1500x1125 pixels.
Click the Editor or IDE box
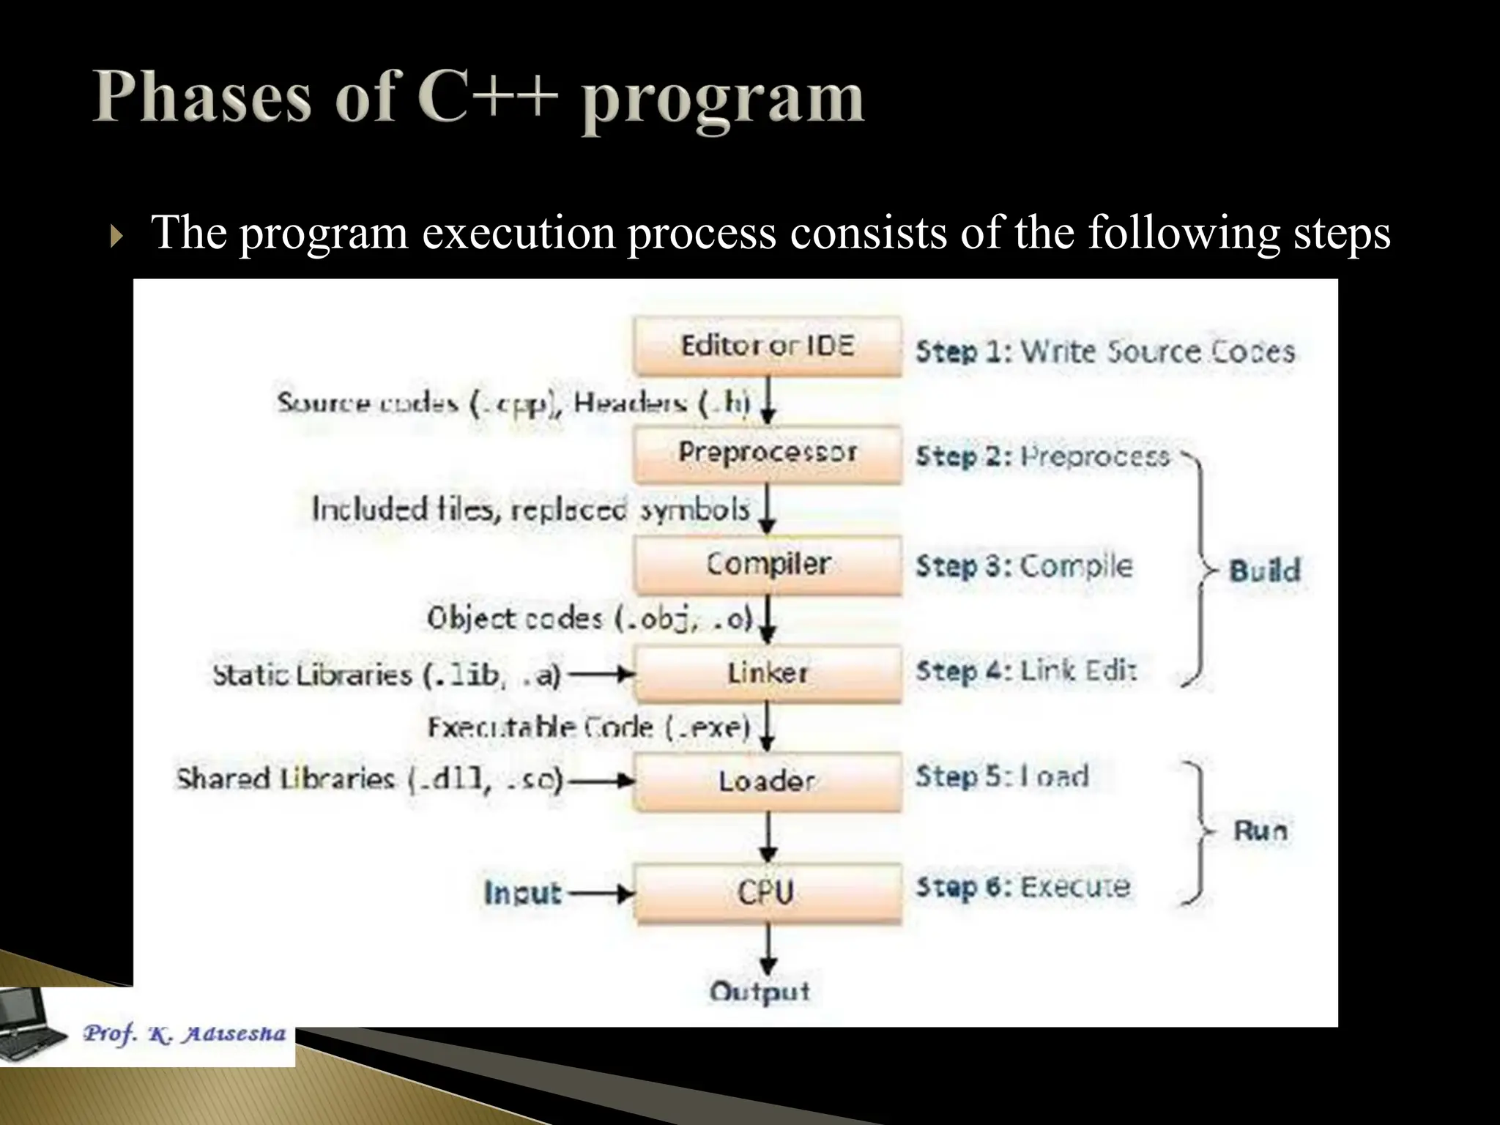[x=767, y=346]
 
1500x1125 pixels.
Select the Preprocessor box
[x=767, y=453]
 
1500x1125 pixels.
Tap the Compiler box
[x=767, y=564]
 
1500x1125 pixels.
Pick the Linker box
[x=767, y=673]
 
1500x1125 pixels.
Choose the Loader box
[x=767, y=781]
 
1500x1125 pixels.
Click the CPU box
[x=767, y=892]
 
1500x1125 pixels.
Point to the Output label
[x=760, y=992]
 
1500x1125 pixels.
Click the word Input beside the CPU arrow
[x=522, y=893]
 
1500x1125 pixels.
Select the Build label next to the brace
[x=1264, y=571]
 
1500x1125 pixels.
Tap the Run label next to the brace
[x=1260, y=831]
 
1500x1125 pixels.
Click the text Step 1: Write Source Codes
[x=1104, y=352]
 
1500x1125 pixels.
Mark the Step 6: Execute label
[x=1023, y=888]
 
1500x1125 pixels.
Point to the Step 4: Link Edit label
[x=1025, y=671]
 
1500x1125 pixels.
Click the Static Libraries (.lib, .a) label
[x=386, y=675]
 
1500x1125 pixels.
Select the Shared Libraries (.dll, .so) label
[x=369, y=779]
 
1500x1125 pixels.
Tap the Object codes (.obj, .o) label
[x=590, y=619]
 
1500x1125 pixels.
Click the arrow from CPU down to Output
[x=767, y=949]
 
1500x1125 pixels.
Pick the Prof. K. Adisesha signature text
[x=183, y=1033]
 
